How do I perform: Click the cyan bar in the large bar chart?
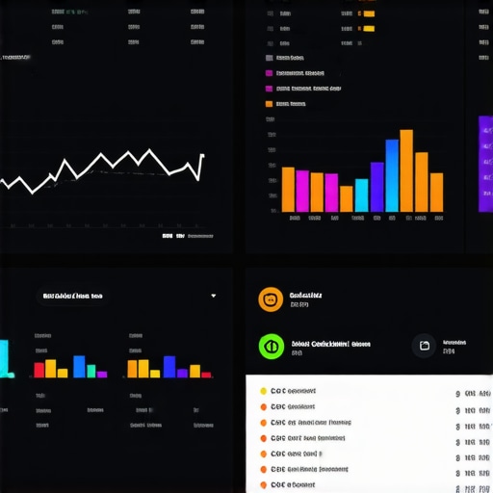coord(361,195)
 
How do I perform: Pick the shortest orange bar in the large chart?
coord(346,198)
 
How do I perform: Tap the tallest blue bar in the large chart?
coord(392,175)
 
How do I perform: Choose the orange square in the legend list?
coord(269,103)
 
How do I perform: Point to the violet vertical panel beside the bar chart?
coord(485,164)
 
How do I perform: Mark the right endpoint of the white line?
coord(202,155)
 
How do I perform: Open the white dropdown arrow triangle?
coord(213,296)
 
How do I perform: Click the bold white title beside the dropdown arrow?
coord(72,296)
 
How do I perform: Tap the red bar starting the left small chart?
coord(39,370)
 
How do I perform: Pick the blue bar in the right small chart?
coord(169,366)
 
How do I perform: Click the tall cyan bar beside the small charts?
coord(4,357)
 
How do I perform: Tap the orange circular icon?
coord(271,299)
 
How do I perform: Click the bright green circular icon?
coord(271,346)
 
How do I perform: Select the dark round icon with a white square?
coord(425,346)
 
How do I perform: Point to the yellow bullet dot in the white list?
coord(262,392)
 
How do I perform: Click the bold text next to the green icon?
coord(330,343)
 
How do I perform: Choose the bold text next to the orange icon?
coord(306,294)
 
